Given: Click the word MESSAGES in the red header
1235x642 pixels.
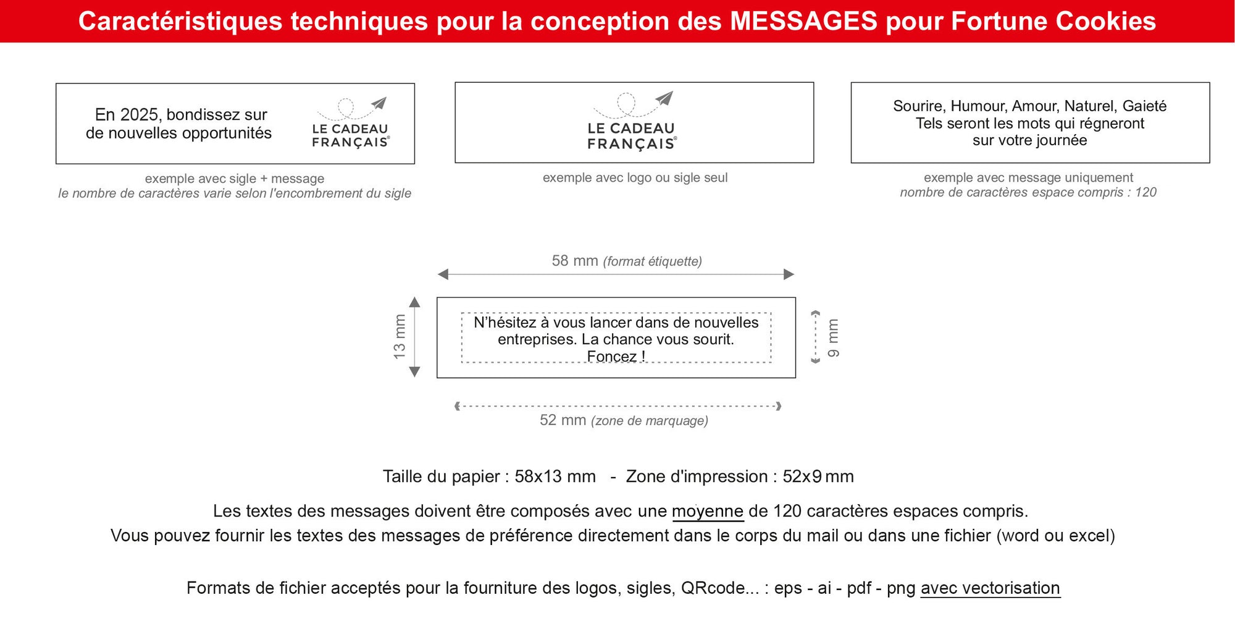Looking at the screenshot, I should coord(803,21).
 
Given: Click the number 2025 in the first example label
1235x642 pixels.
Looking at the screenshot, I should coord(140,115).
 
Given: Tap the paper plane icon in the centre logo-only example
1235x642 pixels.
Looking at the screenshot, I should coord(664,98).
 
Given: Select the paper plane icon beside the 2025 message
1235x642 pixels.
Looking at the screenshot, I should coord(379,103).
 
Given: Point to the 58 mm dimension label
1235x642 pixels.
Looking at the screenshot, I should coord(574,261).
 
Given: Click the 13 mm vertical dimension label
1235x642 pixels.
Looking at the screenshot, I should coord(400,337).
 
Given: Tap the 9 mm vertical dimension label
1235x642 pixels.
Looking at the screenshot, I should coord(834,338).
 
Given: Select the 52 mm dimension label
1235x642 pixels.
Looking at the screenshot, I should coord(563,420).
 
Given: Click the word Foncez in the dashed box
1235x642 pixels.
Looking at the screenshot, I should coord(611,357).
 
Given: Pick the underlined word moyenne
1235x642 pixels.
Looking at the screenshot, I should coord(707,512).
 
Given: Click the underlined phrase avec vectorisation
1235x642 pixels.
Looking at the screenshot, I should coord(990,588).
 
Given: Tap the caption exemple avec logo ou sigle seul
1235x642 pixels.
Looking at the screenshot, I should coord(635,178).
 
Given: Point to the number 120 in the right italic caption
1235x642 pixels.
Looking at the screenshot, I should coord(1145,192).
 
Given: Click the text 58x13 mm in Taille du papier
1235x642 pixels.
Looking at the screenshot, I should coord(555,477).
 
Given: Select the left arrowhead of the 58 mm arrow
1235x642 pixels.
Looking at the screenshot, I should coord(443,274).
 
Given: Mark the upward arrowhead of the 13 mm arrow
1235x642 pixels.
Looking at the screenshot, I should coord(415,302).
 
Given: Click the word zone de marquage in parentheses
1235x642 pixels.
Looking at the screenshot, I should coord(649,421).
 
